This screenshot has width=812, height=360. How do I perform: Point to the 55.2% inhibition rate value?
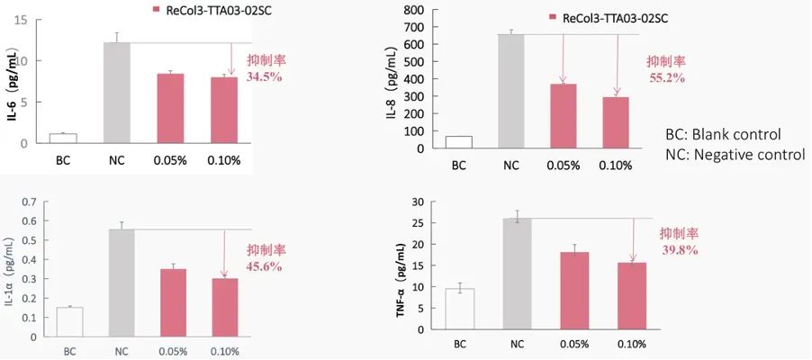666,78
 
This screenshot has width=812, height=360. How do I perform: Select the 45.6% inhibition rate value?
265,266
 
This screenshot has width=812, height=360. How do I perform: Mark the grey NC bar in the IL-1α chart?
122,283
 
